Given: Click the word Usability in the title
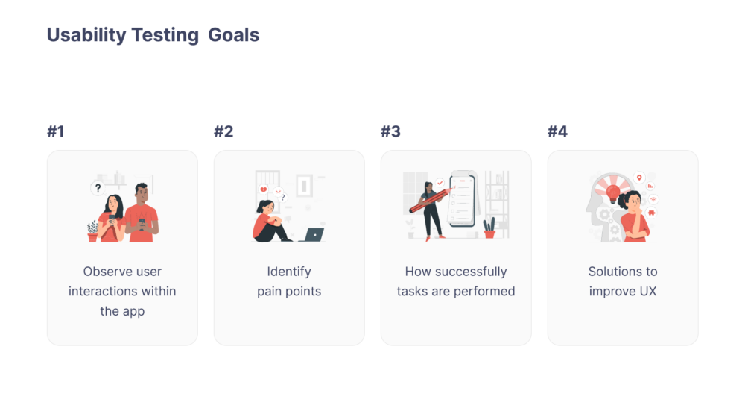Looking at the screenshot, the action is [86, 35].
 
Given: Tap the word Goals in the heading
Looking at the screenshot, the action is [234, 35].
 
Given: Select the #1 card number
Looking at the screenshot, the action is [56, 131].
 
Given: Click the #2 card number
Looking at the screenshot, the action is [223, 131].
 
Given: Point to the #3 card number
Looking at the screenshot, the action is [390, 131].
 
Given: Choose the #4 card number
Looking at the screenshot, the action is [557, 131].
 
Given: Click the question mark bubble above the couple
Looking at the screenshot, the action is [98, 189].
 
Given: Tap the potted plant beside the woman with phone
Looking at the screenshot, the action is [92, 231].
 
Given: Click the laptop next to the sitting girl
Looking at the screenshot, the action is [313, 235].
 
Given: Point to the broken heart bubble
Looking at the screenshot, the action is [263, 189].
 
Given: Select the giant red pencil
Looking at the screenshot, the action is [431, 200].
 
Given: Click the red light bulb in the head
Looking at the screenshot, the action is [613, 192].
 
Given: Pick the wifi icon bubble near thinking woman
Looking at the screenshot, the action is [653, 199].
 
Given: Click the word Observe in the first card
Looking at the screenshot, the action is [102, 272].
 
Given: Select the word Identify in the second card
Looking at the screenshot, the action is [289, 272].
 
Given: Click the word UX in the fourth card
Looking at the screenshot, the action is [648, 292].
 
